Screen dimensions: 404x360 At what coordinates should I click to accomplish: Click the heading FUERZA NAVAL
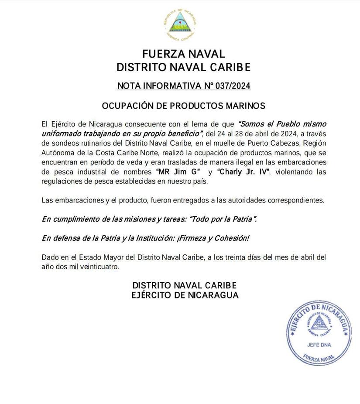point(184,54)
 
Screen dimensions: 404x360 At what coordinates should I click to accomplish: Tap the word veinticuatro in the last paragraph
point(99,267)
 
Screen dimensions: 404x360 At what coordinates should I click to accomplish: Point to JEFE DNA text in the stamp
point(319,344)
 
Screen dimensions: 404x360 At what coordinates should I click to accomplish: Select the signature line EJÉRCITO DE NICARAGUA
point(185,295)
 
